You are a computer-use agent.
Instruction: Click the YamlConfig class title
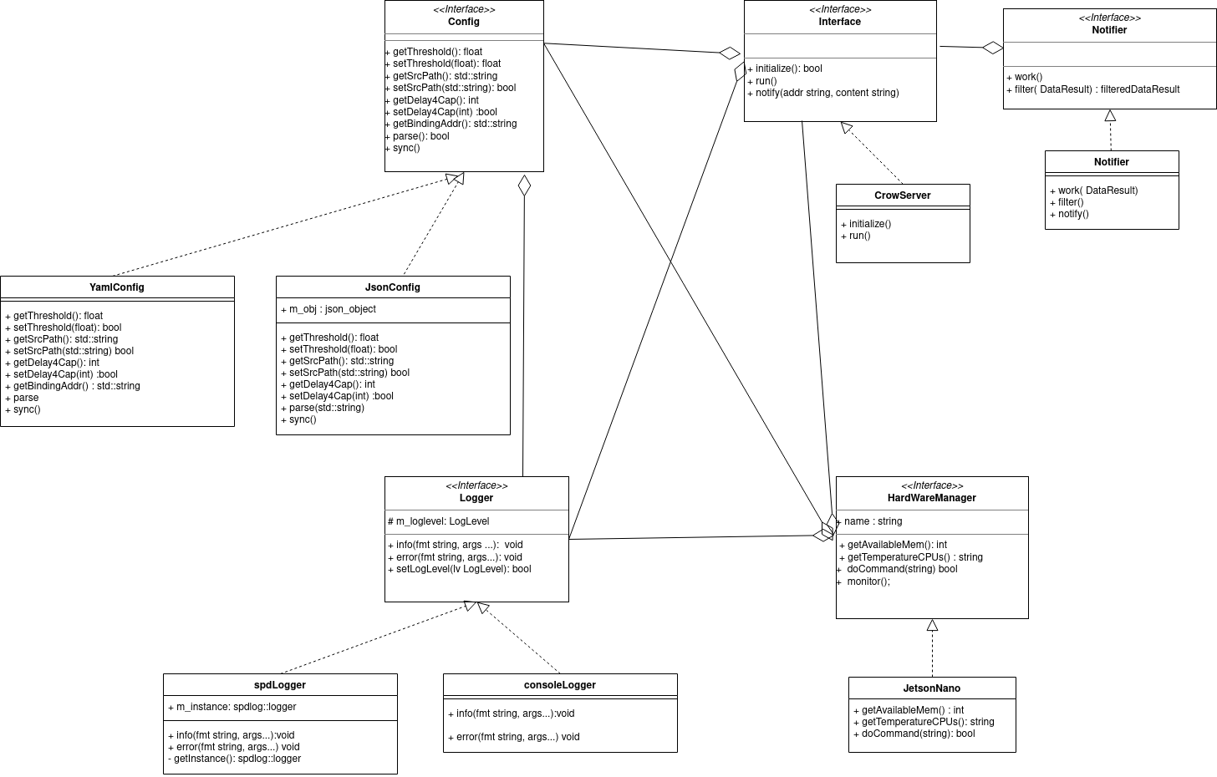point(117,287)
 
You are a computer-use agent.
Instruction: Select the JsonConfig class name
point(393,287)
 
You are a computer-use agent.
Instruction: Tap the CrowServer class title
point(903,196)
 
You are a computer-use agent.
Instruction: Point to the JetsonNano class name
point(932,688)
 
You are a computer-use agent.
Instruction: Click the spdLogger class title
point(280,685)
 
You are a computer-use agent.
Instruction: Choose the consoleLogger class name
point(560,685)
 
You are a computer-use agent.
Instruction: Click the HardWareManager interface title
point(932,498)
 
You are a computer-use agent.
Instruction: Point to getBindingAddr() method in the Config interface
point(455,124)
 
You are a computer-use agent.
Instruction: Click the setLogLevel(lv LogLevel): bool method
point(464,569)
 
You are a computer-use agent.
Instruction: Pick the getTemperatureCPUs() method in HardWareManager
point(915,557)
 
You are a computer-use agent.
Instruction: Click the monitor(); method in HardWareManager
point(868,581)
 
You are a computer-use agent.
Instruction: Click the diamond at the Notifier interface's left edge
point(993,48)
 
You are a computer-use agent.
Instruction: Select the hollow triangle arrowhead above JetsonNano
point(932,625)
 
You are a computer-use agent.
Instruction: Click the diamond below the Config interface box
point(524,185)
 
